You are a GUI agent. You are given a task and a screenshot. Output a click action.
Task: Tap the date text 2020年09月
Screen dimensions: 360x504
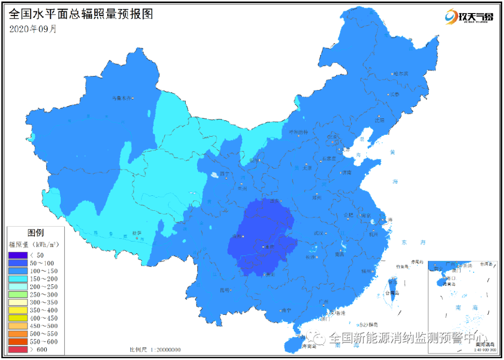coord(33,28)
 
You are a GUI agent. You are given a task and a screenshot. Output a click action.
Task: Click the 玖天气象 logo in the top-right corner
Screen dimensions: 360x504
coord(469,17)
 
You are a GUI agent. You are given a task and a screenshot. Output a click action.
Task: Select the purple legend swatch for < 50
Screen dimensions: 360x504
coord(17,255)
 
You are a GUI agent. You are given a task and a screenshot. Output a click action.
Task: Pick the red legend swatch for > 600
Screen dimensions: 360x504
coord(17,349)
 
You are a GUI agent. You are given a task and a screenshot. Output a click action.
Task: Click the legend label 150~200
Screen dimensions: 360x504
coord(44,279)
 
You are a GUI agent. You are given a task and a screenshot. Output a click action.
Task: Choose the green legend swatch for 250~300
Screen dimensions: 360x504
coord(17,294)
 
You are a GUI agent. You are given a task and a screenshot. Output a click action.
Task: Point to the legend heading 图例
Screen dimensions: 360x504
coord(35,233)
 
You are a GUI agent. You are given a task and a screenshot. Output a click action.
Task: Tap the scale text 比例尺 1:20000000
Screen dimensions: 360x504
coord(155,350)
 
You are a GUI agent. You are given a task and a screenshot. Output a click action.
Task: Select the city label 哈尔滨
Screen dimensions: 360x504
coord(400,74)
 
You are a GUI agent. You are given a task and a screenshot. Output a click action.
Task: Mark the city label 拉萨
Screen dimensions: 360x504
coord(136,233)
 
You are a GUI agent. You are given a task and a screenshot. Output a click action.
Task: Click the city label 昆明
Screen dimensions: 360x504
coord(224,290)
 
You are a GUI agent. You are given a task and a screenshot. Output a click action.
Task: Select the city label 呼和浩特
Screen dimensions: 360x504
coord(299,132)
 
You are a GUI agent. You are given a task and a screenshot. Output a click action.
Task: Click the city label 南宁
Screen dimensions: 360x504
coord(286,310)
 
